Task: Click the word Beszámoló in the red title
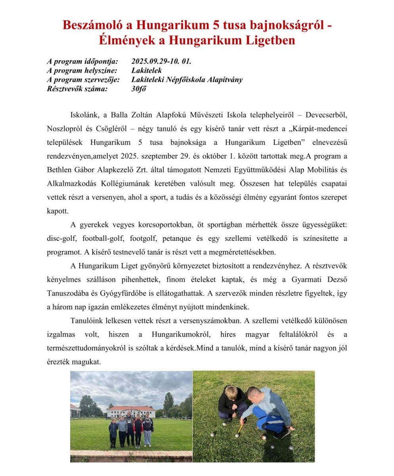92,25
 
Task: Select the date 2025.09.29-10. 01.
161,61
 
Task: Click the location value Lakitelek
146,71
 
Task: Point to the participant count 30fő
139,89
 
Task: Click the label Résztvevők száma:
77,89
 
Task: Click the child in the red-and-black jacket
138,430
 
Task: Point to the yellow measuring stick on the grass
240,430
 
